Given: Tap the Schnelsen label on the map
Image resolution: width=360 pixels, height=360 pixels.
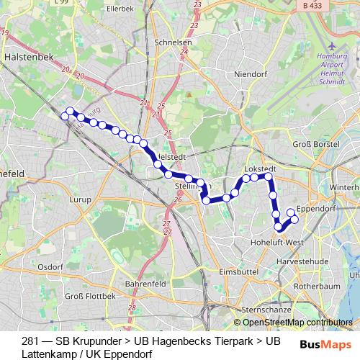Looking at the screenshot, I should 172,42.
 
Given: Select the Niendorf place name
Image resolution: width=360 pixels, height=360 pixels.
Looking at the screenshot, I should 251,73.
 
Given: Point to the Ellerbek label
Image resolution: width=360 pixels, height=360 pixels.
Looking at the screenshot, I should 120,9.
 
